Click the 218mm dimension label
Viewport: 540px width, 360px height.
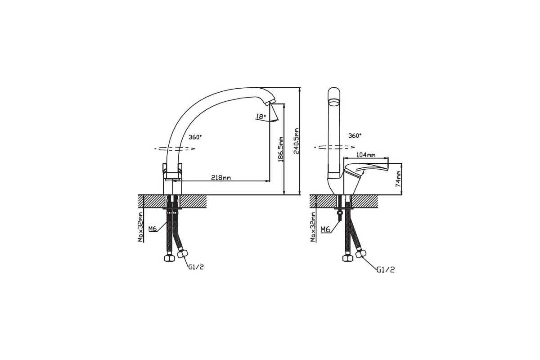pos(221,178)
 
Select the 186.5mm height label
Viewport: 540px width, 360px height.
pos(281,149)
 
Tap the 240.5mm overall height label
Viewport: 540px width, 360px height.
pos(296,141)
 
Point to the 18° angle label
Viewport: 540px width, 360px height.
pos(261,117)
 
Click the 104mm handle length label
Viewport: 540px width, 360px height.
pos(366,155)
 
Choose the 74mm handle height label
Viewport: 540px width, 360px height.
pos(399,179)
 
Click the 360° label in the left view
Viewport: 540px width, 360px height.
pos(195,137)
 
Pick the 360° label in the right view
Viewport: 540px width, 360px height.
pos(355,136)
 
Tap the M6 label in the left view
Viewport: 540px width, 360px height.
pos(153,229)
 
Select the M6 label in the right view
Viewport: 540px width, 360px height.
pos(325,229)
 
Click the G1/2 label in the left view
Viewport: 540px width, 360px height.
pos(196,267)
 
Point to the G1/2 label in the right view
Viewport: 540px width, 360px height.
pos(386,270)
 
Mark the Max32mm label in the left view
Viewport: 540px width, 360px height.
pos(140,227)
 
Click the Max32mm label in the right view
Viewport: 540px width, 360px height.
pos(313,227)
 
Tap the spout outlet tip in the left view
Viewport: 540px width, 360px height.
pos(270,103)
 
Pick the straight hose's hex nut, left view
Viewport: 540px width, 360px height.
pos(169,258)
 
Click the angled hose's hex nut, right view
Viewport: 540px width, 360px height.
pos(360,254)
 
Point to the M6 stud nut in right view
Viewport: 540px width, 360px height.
pos(340,213)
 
